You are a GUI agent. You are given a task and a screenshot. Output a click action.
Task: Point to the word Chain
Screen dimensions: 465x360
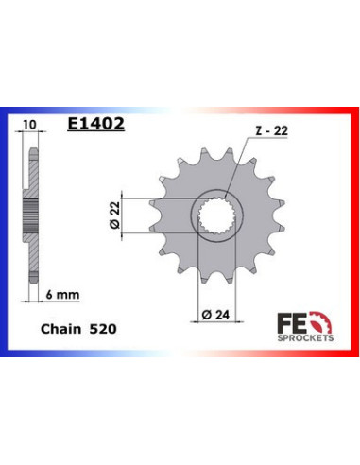click(59, 333)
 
